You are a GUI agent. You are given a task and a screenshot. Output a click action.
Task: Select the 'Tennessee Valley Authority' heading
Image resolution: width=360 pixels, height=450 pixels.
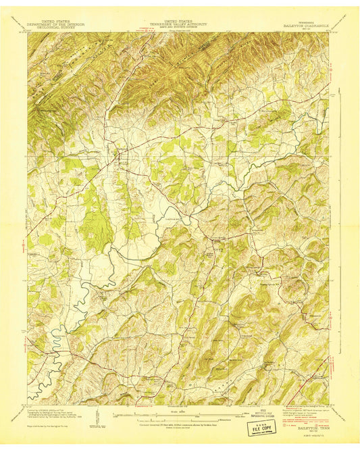point(180,24)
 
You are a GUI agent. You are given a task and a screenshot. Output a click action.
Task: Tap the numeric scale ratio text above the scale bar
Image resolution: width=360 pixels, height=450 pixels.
point(180,409)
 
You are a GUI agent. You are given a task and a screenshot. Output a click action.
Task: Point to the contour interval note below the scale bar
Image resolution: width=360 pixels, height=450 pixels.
point(180,424)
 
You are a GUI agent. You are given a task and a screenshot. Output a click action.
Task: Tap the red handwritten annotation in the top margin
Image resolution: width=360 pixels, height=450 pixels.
point(150,29)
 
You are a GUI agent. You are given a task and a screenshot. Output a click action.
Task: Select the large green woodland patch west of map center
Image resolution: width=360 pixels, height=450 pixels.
point(97,223)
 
